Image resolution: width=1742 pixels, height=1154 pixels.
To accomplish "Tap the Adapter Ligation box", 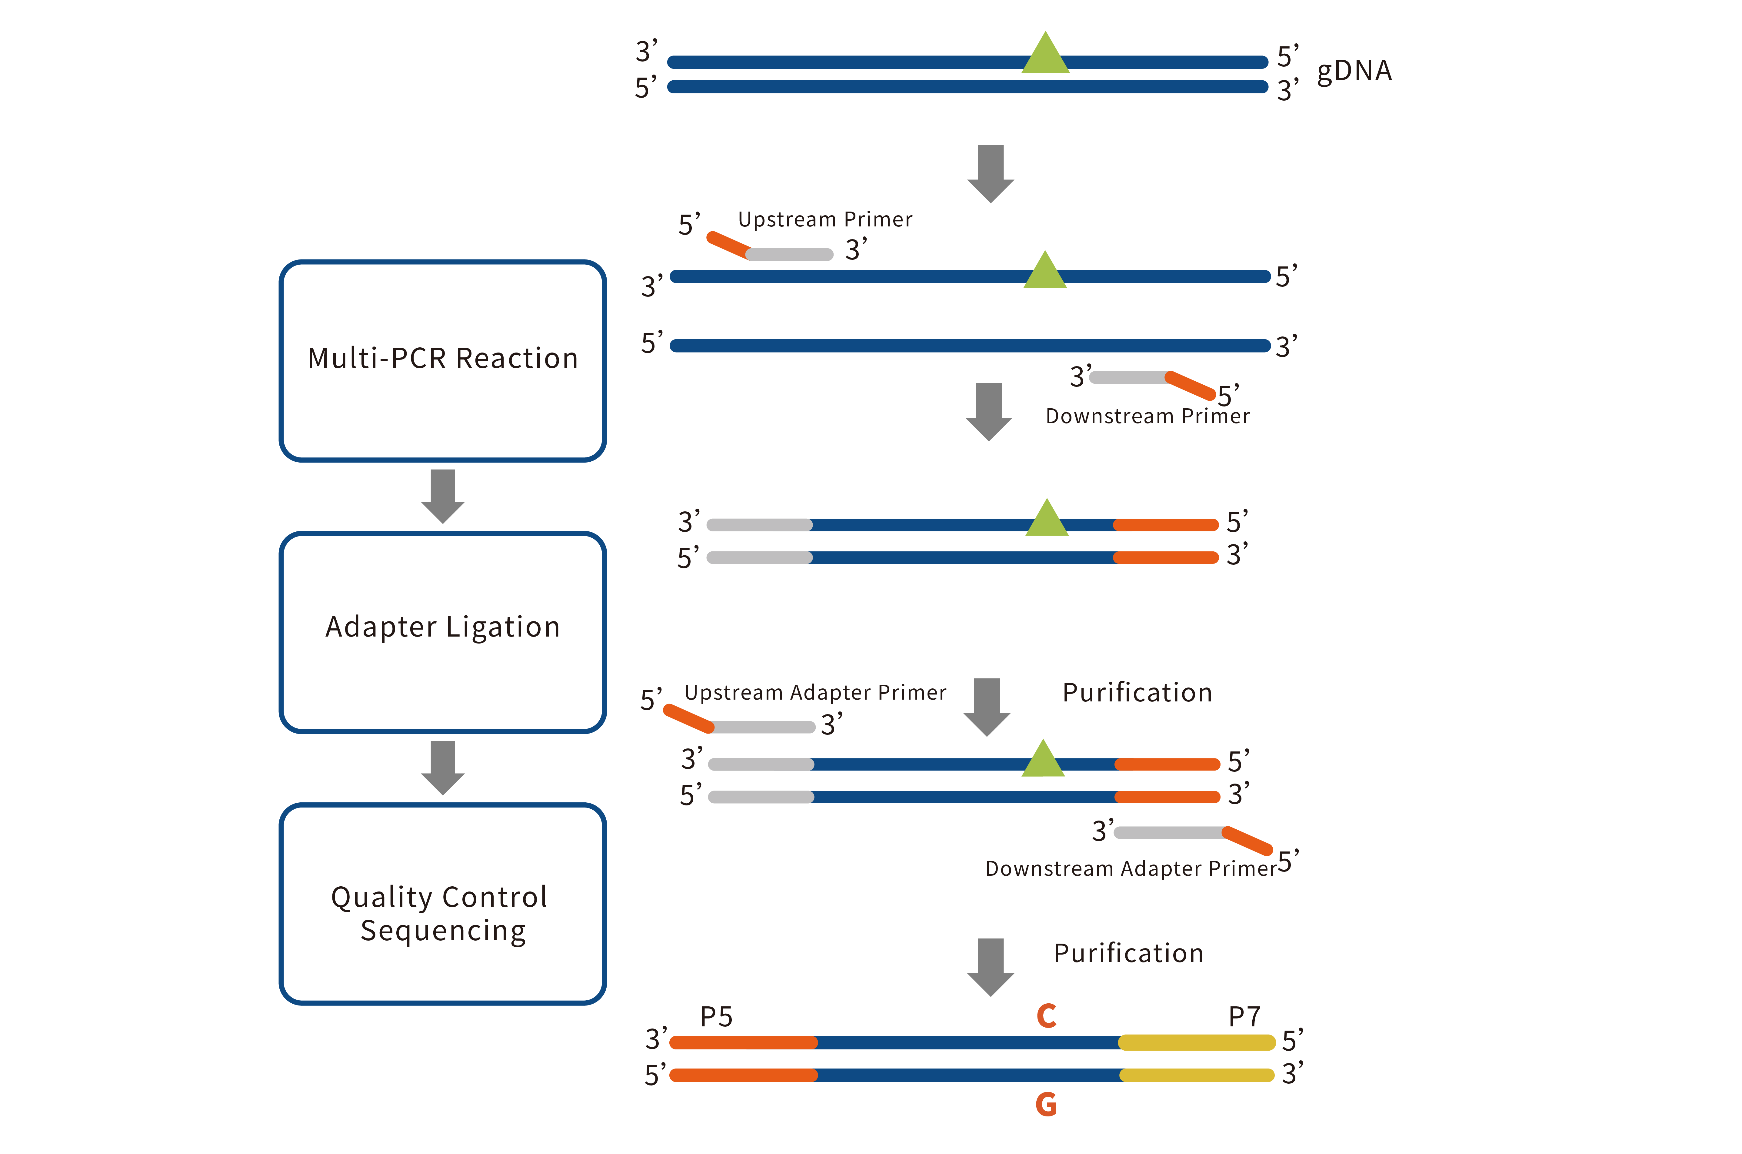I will (442, 631).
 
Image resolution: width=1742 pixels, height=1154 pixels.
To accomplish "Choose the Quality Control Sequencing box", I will (442, 904).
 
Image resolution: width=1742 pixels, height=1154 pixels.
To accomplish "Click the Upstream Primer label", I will (825, 219).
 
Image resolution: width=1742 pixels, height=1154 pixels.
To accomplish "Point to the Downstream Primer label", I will (1147, 416).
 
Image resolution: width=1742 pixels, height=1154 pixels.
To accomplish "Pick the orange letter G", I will (1046, 1104).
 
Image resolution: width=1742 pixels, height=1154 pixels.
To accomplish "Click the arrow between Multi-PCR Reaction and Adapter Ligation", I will (442, 495).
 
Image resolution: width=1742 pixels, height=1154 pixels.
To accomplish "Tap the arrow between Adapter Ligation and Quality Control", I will (442, 767).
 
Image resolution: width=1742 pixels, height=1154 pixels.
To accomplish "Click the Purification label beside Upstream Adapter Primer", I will (1137, 693).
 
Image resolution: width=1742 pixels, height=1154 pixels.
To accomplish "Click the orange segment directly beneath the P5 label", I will (743, 1042).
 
